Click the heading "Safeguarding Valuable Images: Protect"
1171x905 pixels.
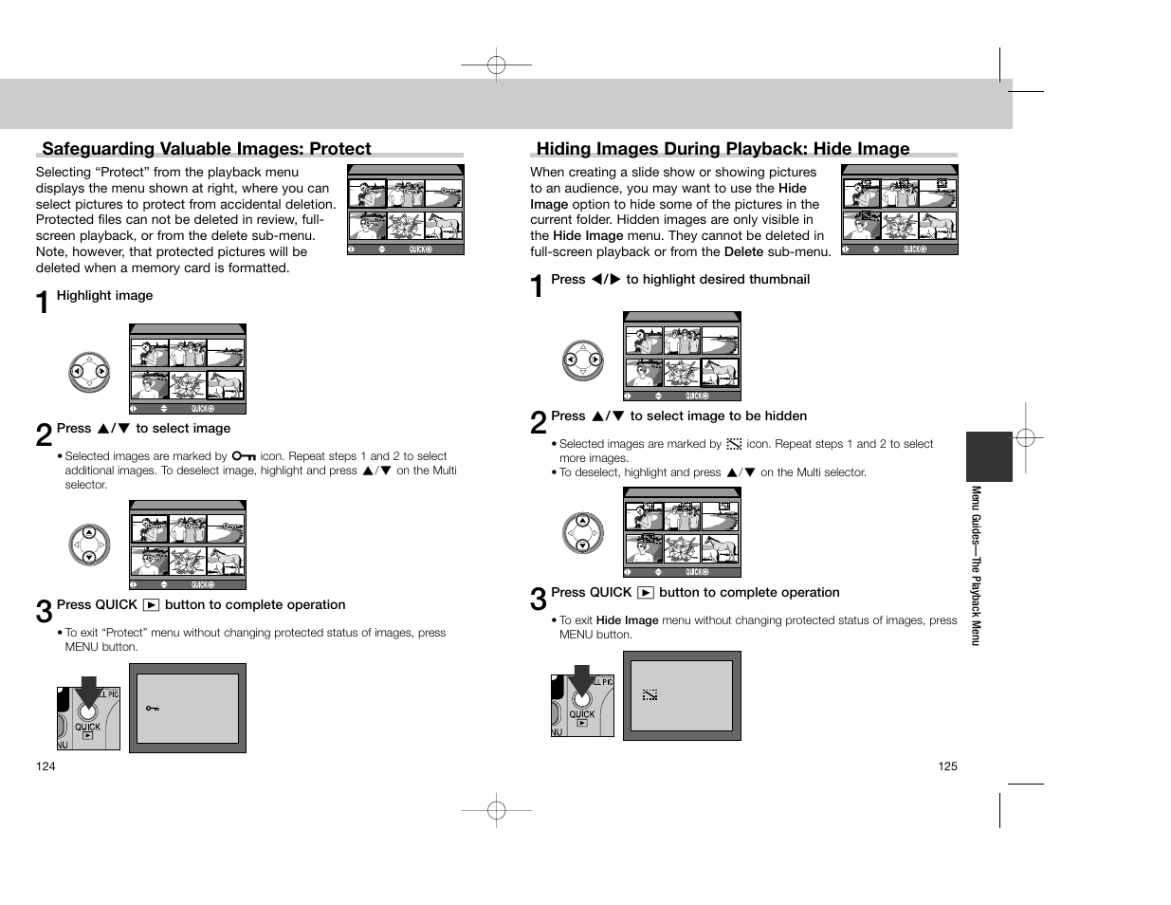pyautogui.click(x=207, y=148)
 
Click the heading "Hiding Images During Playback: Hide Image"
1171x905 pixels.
pyautogui.click(x=723, y=148)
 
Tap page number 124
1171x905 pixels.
pyautogui.click(x=46, y=766)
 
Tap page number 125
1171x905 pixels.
pyautogui.click(x=947, y=766)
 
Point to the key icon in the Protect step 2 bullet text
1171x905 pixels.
pyautogui.click(x=244, y=456)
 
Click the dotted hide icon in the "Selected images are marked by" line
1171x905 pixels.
pyautogui.click(x=734, y=444)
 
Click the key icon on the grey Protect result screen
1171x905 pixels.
pyautogui.click(x=152, y=709)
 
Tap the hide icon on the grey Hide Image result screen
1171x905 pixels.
pyautogui.click(x=650, y=695)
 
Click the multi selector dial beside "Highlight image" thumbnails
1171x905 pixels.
pyautogui.click(x=89, y=372)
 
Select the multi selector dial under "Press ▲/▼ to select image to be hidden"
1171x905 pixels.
pyautogui.click(x=582, y=533)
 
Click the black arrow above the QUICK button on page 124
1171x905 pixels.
pyautogui.click(x=87, y=690)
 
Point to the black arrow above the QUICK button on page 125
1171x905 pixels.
pyautogui.click(x=580, y=677)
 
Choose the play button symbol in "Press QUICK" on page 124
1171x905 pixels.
pyautogui.click(x=151, y=605)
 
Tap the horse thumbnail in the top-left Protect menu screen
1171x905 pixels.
pyautogui.click(x=444, y=226)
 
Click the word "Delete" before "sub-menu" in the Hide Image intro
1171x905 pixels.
pyautogui.click(x=743, y=252)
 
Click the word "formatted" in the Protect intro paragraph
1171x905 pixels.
pyautogui.click(x=258, y=268)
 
